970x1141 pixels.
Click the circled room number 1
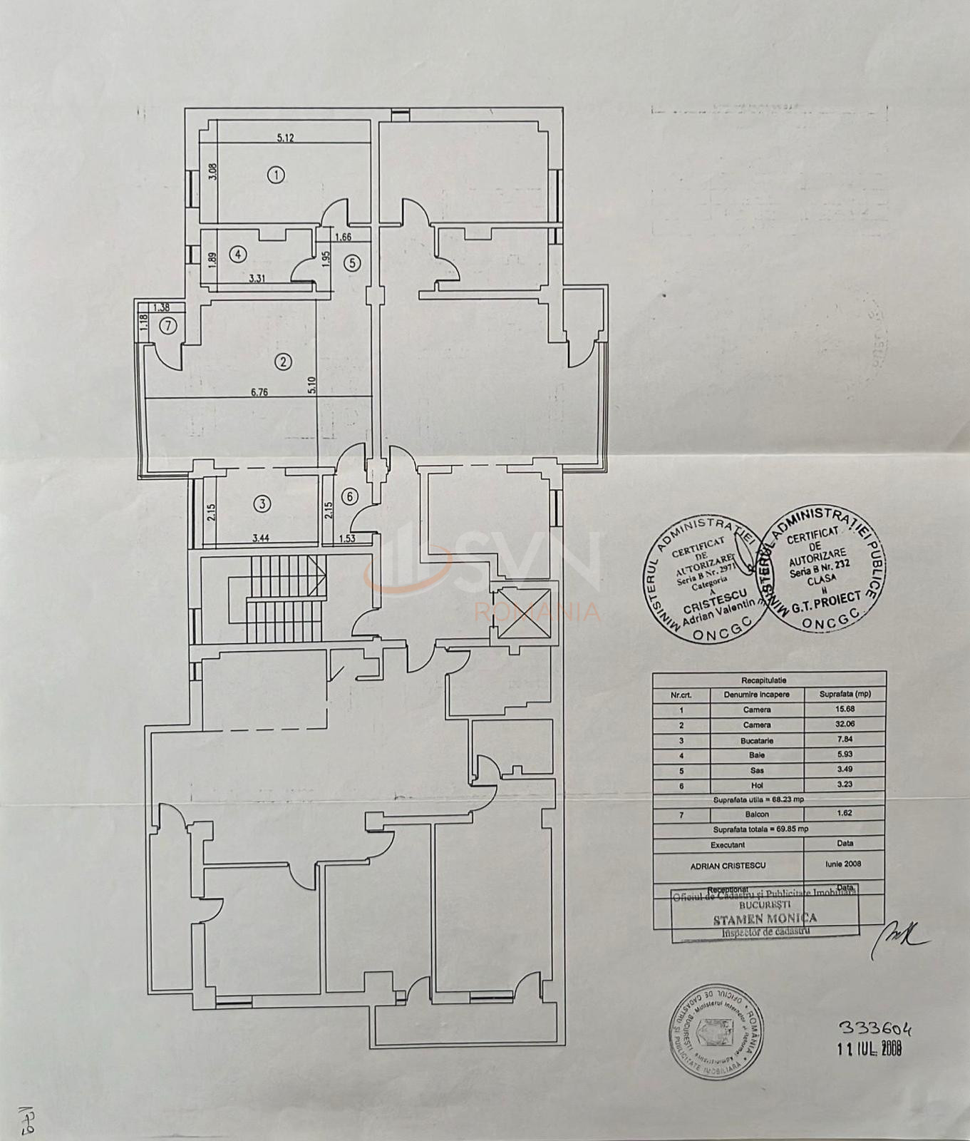click(276, 173)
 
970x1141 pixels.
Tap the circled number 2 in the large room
click(284, 362)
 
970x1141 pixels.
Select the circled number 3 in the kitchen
click(263, 504)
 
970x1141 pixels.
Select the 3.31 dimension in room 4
click(257, 279)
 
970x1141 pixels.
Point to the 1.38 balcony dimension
click(162, 307)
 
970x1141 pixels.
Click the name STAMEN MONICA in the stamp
click(765, 919)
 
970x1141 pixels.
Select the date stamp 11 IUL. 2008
click(870, 1048)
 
